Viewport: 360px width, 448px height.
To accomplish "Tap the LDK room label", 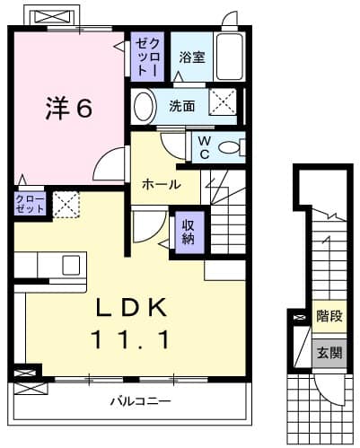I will pyautogui.click(x=131, y=307).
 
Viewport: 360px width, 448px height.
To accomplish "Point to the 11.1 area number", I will pyautogui.click(x=131, y=339).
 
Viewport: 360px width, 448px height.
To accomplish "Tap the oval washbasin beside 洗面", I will pyautogui.click(x=144, y=106).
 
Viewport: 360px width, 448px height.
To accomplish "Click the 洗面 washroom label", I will pyautogui.click(x=182, y=106).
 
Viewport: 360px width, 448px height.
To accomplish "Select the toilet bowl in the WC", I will pyautogui.click(x=230, y=145).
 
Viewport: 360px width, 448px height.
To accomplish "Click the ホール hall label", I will pyautogui.click(x=158, y=184).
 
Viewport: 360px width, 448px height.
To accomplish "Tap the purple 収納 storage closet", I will pyautogui.click(x=189, y=231).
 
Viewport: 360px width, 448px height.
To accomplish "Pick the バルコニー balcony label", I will pyautogui.click(x=131, y=400).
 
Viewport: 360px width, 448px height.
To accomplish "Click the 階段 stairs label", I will pyautogui.click(x=329, y=316).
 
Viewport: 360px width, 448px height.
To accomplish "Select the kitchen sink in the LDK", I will pyautogui.click(x=71, y=265).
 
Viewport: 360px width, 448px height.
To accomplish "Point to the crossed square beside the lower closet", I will pyautogui.click(x=66, y=204).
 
